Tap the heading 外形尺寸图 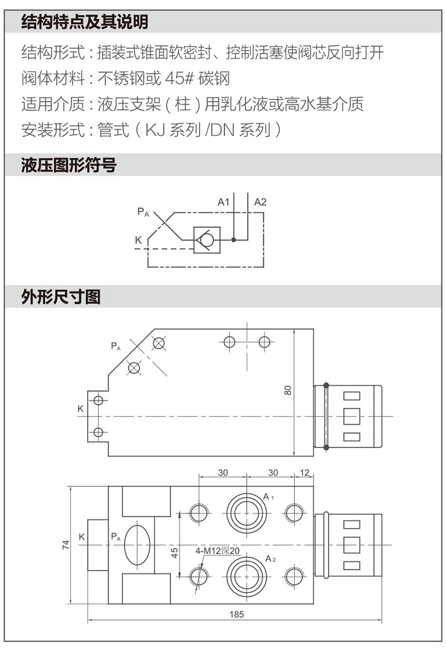point(60,296)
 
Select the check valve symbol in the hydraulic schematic point(207,240)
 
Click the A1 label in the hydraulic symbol point(223,201)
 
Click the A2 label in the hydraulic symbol point(260,201)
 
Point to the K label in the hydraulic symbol point(138,240)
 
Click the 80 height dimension point(288,390)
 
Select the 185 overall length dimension point(237,614)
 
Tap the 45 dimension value point(175,550)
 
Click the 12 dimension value point(304,473)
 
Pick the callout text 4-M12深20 point(218,551)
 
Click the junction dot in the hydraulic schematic point(233,240)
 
